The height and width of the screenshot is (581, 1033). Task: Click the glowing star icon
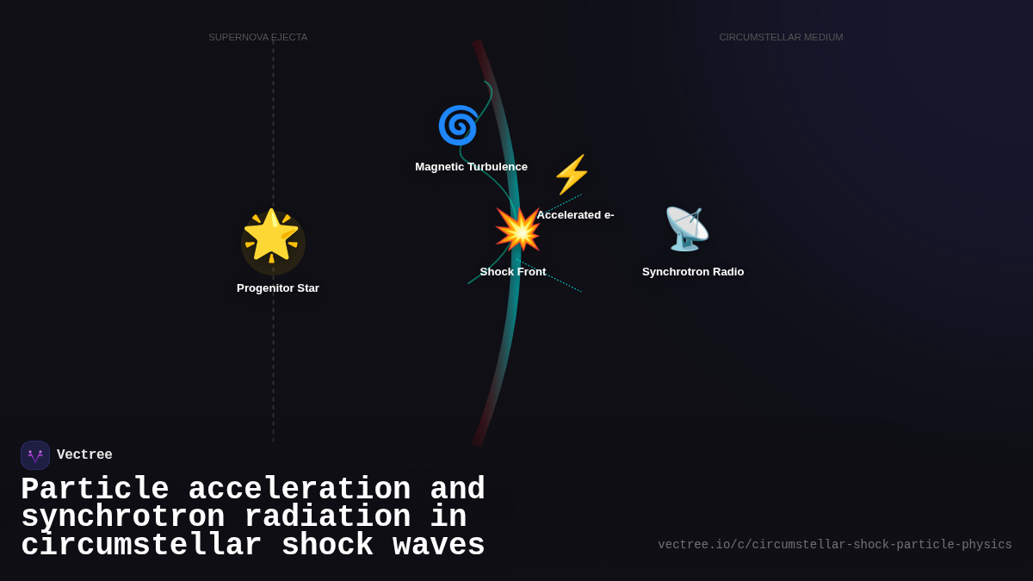271,236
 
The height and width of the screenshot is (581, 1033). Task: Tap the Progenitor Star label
278,288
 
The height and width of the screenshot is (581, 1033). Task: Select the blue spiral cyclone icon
458,126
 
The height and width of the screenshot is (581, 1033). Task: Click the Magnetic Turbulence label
471,167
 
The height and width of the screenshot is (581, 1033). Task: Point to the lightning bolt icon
571,175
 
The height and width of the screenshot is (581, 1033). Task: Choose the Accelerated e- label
575,215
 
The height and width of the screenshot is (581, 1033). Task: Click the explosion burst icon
517,230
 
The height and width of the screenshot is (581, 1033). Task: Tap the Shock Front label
513,272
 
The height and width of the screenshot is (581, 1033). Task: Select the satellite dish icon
686,229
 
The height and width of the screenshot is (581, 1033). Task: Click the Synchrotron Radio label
693,272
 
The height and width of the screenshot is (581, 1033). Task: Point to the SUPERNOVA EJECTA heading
257,37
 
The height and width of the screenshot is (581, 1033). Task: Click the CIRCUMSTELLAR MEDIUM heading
781,37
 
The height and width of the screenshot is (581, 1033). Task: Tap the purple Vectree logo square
35,455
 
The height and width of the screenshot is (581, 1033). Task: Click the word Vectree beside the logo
84,455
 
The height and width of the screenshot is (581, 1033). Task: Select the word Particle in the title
95,490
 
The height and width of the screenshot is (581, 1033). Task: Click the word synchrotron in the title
122,517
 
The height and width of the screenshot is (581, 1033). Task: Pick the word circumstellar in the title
141,546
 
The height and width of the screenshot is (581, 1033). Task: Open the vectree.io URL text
834,545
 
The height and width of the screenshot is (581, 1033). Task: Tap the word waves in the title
438,546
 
